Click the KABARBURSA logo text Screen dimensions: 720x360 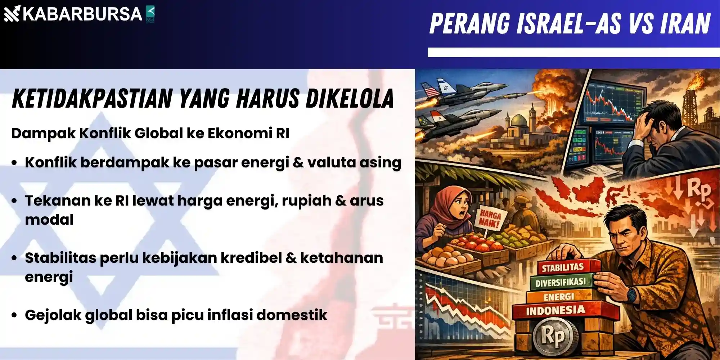[x=82, y=14]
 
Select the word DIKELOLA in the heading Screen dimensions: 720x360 [x=350, y=98]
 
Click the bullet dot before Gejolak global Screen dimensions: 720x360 [x=14, y=315]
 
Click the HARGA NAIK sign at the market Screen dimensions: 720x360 [x=490, y=219]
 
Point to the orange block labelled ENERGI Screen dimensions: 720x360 [x=559, y=297]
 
